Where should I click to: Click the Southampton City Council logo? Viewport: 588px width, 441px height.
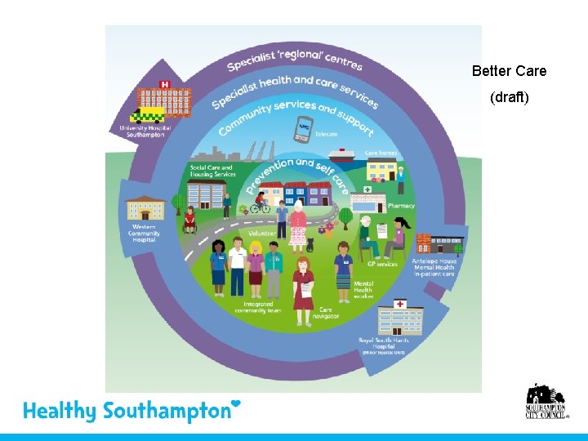coord(546,402)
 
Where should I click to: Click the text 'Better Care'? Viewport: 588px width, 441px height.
coord(509,71)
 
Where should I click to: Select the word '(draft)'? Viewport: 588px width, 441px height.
coord(510,97)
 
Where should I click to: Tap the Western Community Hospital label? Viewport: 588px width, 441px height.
coord(145,234)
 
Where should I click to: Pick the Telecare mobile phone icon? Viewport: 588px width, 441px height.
coord(305,128)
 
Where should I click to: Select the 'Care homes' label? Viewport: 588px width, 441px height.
coord(381,153)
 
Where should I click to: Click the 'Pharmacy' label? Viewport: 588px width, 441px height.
coord(401,206)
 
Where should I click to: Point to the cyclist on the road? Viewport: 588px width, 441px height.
coord(260,204)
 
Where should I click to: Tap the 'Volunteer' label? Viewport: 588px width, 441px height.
coord(263,233)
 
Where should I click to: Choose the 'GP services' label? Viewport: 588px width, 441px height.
coord(382,264)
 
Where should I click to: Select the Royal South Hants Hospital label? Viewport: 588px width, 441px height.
coord(382,345)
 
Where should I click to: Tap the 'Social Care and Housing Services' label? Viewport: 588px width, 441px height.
coord(212,171)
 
